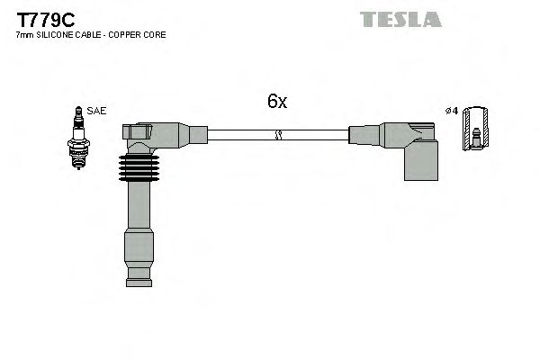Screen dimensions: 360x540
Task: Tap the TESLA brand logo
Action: [x=400, y=19]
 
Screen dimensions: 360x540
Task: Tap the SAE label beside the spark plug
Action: [x=97, y=112]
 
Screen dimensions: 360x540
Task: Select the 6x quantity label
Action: [x=276, y=102]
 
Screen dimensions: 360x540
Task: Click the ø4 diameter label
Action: [x=452, y=112]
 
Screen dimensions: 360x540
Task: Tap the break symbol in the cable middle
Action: [x=278, y=135]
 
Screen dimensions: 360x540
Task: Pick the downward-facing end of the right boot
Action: [x=419, y=166]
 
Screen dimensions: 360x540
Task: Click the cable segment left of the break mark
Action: [x=238, y=135]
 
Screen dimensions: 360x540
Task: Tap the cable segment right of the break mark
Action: [x=315, y=135]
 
